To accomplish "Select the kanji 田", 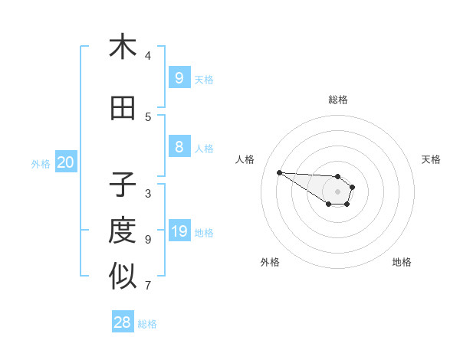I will click(x=123, y=109).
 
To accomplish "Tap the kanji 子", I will click(x=123, y=185).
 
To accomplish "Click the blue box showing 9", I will click(x=179, y=77).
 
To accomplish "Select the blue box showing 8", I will click(x=179, y=147).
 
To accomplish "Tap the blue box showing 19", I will click(x=179, y=231).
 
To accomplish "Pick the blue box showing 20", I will click(x=65, y=162).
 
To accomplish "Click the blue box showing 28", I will click(x=123, y=322).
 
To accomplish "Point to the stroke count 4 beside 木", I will click(x=148, y=55).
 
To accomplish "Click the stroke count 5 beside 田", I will click(x=148, y=116).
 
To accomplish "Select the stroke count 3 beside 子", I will click(x=148, y=193).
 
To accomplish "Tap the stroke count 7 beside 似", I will click(x=148, y=286).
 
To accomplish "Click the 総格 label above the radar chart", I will click(x=338, y=100).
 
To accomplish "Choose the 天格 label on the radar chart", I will click(x=431, y=159).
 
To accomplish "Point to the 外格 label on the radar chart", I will click(x=270, y=262).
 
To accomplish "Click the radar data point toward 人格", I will click(x=279, y=172).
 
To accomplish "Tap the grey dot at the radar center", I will click(x=338, y=191).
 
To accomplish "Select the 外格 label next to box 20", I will click(x=41, y=163).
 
